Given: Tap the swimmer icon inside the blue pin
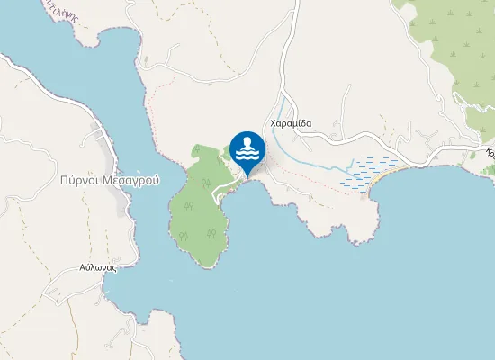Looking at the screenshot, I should (x=247, y=148).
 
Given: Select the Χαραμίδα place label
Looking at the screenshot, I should (x=290, y=123).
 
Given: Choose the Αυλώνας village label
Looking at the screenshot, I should (x=99, y=267).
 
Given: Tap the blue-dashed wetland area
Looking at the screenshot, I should (x=371, y=171).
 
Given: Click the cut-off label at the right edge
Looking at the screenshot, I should (x=490, y=154).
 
